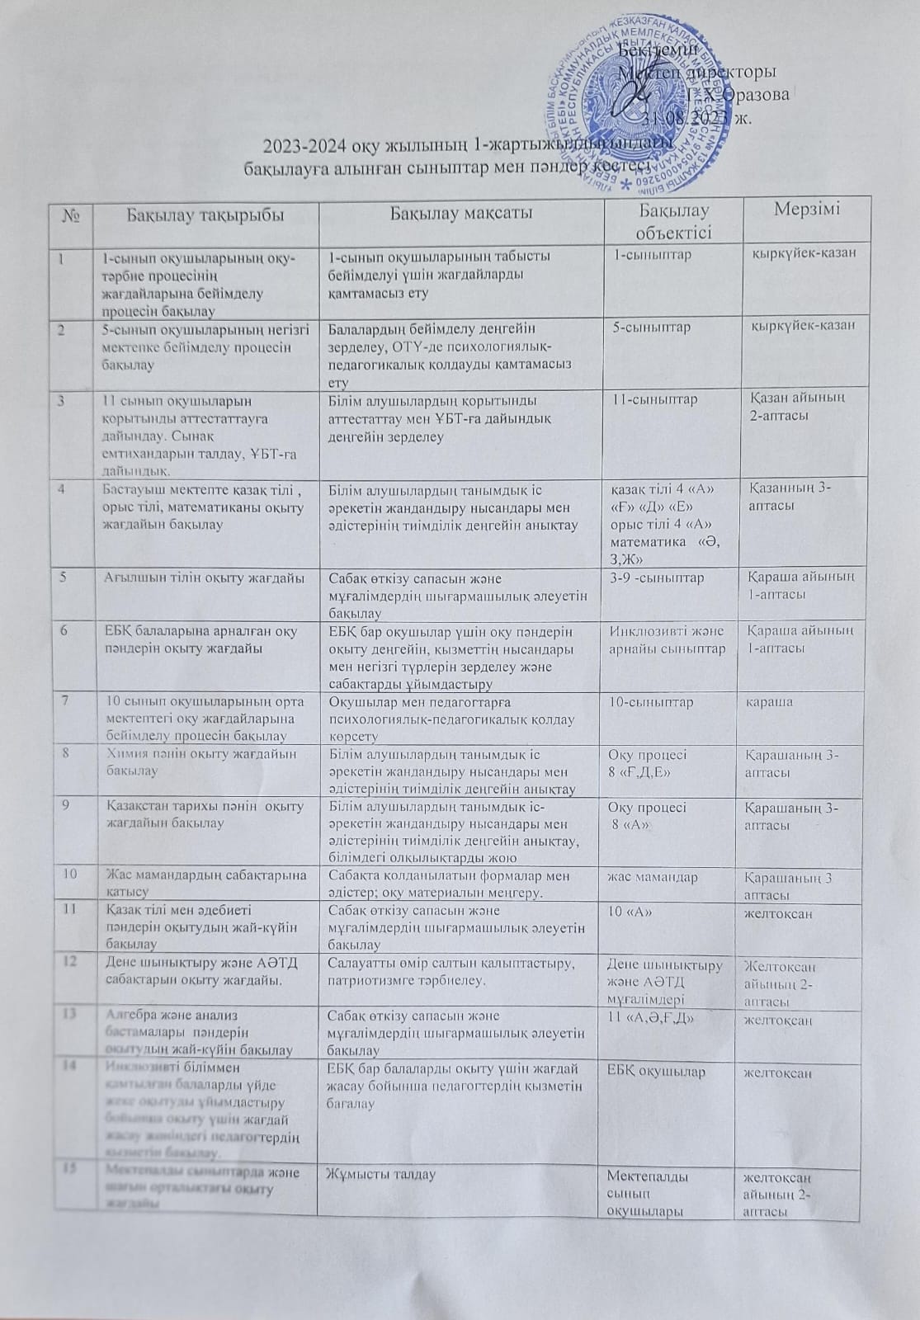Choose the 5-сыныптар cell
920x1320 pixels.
[652, 327]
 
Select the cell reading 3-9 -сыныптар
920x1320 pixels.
[657, 577]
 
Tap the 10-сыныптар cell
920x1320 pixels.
[651, 702]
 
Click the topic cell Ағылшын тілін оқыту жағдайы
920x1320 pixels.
[202, 577]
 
